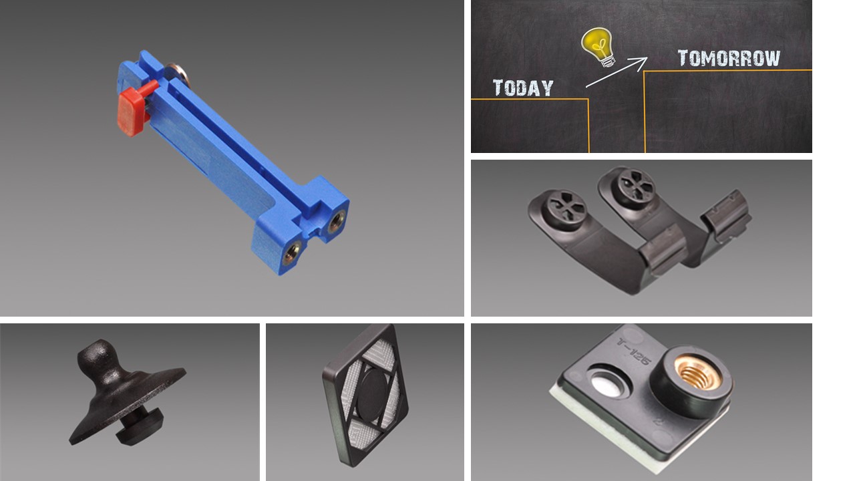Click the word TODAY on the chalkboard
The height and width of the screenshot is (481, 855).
click(523, 88)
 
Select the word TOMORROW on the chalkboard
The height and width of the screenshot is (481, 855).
click(729, 58)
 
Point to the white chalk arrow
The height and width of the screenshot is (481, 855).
click(617, 73)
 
